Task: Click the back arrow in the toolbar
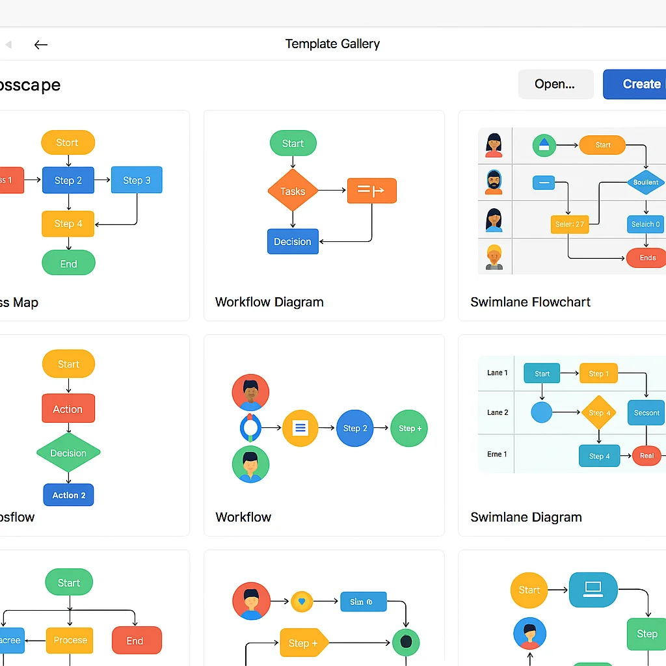click(x=41, y=44)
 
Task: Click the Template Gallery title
click(x=332, y=44)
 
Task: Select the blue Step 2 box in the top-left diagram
click(x=68, y=180)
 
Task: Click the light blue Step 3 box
click(x=137, y=180)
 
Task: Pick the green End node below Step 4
click(x=68, y=263)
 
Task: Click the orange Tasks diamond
click(x=293, y=191)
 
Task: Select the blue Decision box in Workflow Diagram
click(x=293, y=241)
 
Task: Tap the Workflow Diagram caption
click(x=269, y=302)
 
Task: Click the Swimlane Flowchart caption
click(x=530, y=302)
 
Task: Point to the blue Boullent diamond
click(x=646, y=182)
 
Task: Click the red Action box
click(x=68, y=409)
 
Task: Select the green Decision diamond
click(x=68, y=453)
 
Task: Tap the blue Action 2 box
click(x=69, y=495)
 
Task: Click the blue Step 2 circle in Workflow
click(x=355, y=428)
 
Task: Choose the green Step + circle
click(x=409, y=428)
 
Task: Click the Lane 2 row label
click(x=498, y=412)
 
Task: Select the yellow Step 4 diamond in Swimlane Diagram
click(x=599, y=412)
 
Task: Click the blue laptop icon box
click(x=593, y=589)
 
